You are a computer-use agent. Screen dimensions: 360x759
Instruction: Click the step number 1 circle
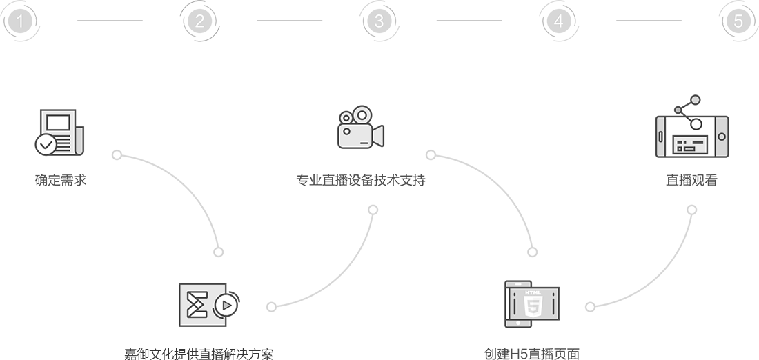(21, 21)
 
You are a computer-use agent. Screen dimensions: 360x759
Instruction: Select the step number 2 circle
(199, 21)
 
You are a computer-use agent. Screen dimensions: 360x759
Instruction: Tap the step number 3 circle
(379, 21)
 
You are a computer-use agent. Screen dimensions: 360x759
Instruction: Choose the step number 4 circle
(558, 21)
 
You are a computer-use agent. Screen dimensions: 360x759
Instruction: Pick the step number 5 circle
(738, 21)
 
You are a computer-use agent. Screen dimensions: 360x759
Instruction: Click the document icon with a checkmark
(59, 132)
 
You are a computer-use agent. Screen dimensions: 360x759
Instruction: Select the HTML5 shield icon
(533, 304)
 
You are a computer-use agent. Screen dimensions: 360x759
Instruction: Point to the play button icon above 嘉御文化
(224, 305)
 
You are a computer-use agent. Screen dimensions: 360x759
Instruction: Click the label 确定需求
(60, 181)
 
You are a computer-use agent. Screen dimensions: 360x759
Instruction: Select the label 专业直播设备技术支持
(361, 181)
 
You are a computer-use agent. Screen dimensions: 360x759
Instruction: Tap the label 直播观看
(691, 181)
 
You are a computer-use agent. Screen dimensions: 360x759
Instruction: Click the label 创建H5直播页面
(531, 354)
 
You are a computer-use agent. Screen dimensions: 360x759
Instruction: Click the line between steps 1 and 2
(110, 21)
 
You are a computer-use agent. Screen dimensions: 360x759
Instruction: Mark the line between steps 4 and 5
(649, 21)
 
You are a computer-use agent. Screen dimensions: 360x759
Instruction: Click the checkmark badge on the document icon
(46, 144)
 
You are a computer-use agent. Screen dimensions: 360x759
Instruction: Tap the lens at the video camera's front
(379, 134)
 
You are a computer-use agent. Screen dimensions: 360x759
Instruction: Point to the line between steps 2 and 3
(289, 21)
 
